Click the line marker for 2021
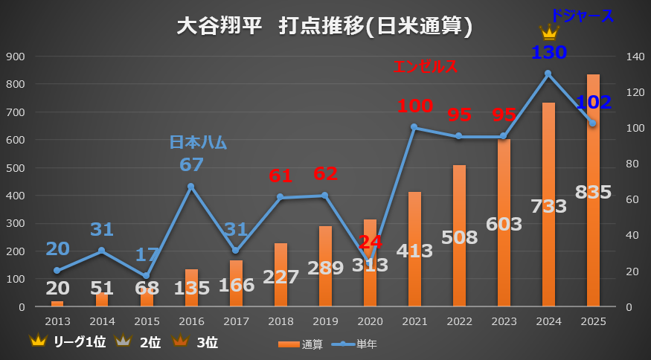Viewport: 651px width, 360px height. pos(414,127)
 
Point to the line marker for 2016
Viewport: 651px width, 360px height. pos(190,186)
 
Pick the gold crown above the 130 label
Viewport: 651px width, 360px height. pos(549,33)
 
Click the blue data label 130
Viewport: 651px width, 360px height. pos(549,53)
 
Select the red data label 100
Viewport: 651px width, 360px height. pos(414,106)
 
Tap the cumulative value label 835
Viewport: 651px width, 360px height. pos(593,192)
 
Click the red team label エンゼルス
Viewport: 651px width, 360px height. pos(425,67)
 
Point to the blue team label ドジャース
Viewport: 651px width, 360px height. pos(583,15)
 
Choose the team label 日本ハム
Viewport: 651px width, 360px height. pos(198,142)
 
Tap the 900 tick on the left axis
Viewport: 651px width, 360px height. pos(16,57)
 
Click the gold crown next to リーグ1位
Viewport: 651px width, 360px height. pos(37,342)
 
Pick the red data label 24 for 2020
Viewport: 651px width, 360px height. pos(371,242)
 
